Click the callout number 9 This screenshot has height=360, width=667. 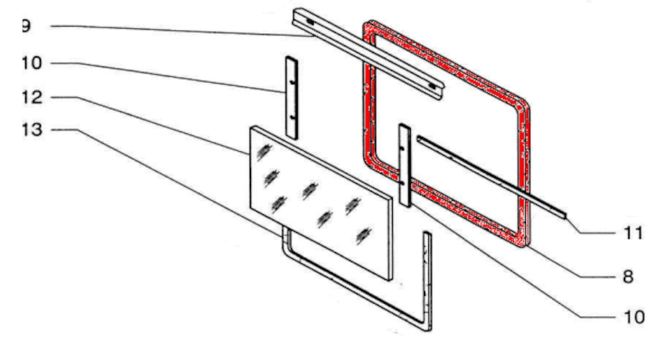tap(26, 26)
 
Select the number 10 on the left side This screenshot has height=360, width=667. tap(32, 63)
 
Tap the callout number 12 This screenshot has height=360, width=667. tap(32, 97)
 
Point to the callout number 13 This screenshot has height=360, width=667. tap(32, 130)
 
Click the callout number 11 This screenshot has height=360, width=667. tap(633, 233)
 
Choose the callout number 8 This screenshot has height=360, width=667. tap(628, 276)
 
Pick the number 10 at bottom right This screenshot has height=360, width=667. tap(634, 317)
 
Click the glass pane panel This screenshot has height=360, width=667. tap(322, 204)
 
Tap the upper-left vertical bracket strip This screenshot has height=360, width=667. tap(292, 97)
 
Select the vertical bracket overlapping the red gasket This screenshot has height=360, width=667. tap(404, 166)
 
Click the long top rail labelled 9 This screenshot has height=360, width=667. tap(368, 54)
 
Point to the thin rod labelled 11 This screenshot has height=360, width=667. tap(491, 176)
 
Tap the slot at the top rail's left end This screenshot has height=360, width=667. tap(310, 22)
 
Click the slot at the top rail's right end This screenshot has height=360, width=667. tap(432, 86)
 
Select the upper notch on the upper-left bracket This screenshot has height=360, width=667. tap(292, 81)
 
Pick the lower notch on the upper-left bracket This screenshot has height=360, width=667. tap(292, 116)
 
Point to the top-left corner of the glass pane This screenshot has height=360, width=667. tap(251, 127)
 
